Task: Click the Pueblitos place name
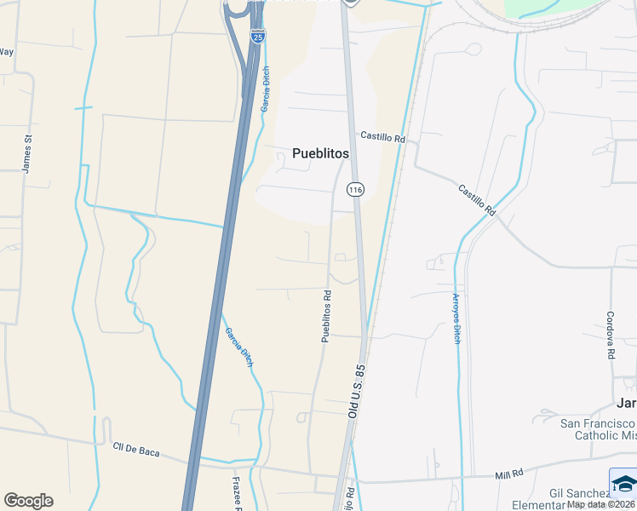pyautogui.click(x=320, y=153)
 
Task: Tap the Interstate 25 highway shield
pyautogui.click(x=258, y=35)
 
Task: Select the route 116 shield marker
pyautogui.click(x=355, y=189)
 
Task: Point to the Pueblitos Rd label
pyautogui.click(x=326, y=316)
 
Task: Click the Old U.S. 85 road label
pyautogui.click(x=356, y=391)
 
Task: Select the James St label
pyautogui.click(x=27, y=154)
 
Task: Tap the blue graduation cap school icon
pyautogui.click(x=623, y=482)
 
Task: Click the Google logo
pyautogui.click(x=28, y=501)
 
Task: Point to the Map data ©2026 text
pyautogui.click(x=601, y=504)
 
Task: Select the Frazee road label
pyautogui.click(x=238, y=493)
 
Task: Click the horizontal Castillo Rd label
pyautogui.click(x=382, y=136)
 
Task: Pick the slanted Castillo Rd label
pyautogui.click(x=476, y=199)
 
